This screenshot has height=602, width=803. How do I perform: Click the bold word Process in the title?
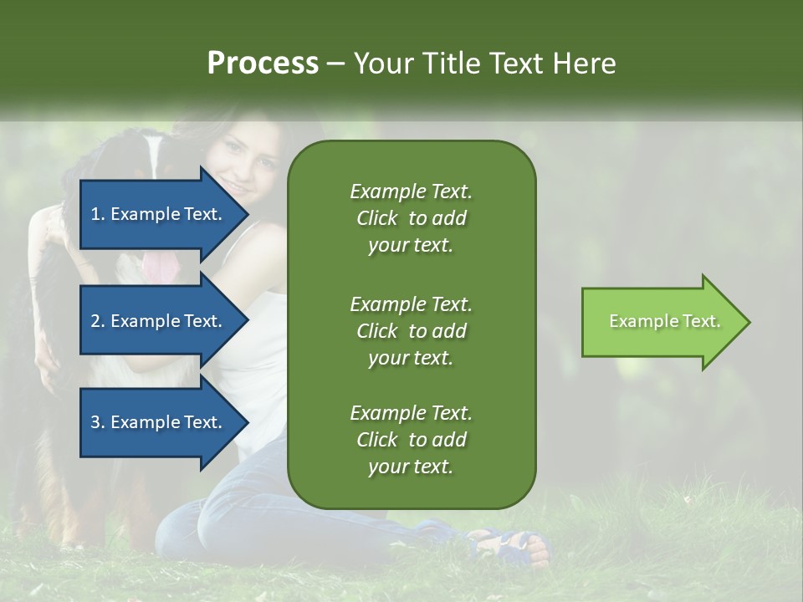[x=263, y=64]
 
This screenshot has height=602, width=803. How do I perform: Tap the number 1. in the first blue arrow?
[x=98, y=214]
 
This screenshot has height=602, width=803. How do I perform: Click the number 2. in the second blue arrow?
[x=98, y=321]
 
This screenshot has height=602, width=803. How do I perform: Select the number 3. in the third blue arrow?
[x=98, y=422]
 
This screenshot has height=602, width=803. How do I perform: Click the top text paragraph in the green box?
[x=411, y=218]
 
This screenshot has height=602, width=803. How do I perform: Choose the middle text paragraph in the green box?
[x=411, y=330]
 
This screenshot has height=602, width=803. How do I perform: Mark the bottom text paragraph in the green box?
[x=411, y=440]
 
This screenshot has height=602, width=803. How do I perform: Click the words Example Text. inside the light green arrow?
[x=665, y=321]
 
